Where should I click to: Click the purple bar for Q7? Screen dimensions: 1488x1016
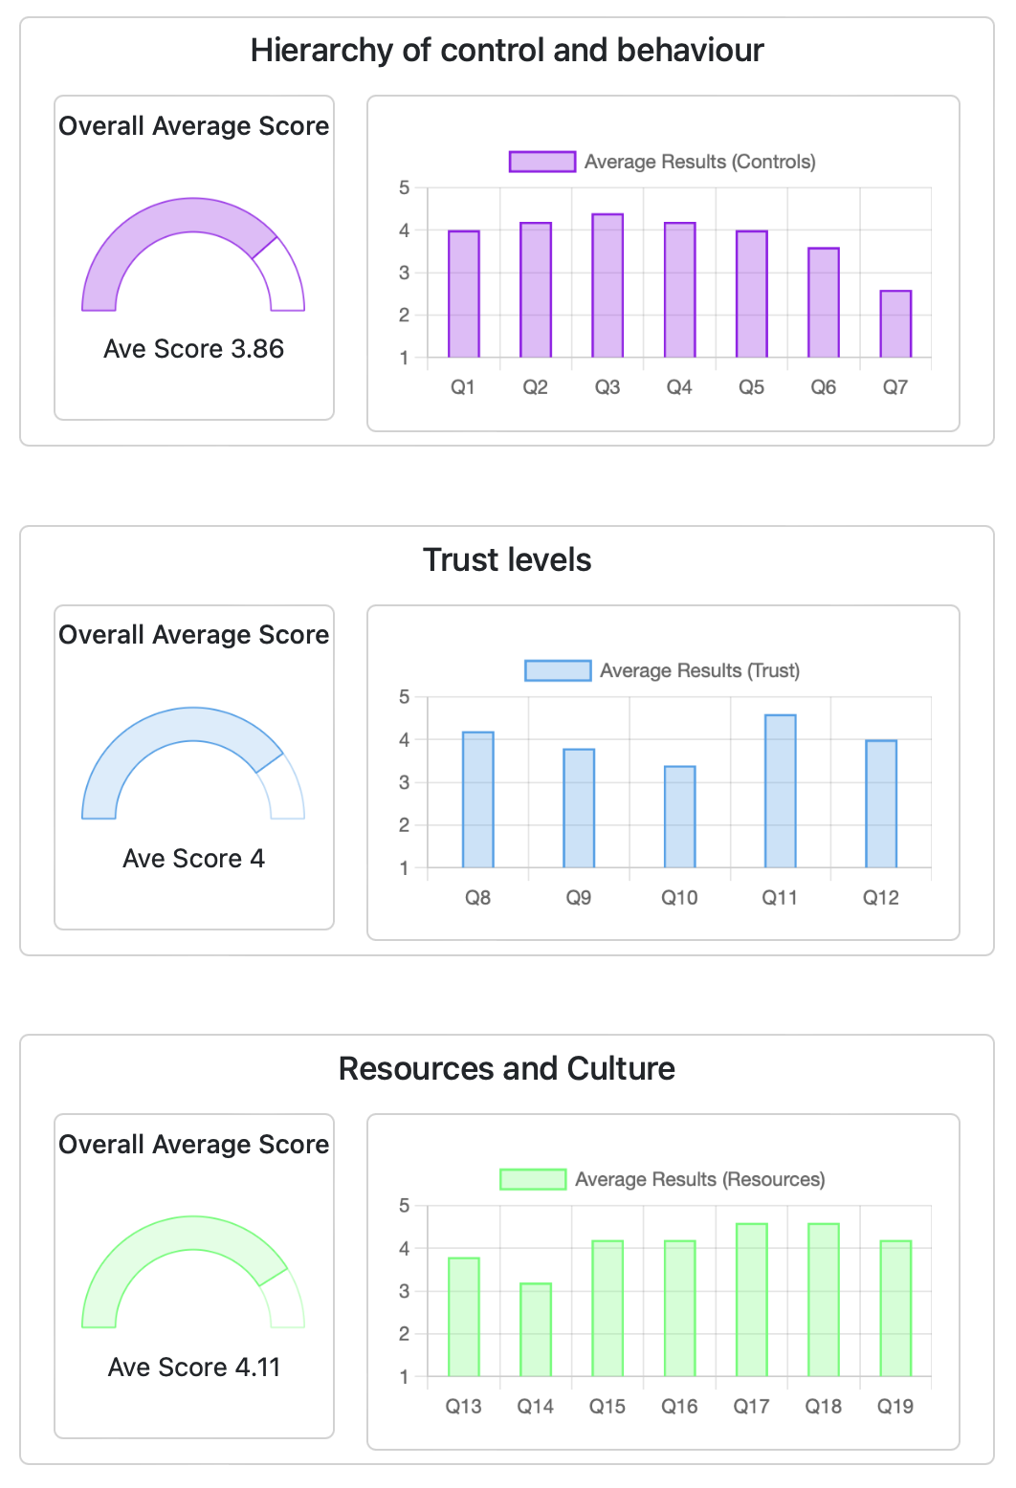895,324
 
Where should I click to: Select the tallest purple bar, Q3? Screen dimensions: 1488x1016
607,286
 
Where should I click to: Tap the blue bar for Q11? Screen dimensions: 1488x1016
780,792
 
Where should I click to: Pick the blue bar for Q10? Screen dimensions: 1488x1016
679,817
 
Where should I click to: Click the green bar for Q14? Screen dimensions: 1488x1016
536,1329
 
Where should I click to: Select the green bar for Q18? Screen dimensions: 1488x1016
823,1300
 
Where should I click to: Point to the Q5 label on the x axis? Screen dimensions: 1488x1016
751,387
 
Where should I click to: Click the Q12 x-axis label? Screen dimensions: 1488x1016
880,897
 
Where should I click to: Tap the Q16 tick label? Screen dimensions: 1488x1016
679,1406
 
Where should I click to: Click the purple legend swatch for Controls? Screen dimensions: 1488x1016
542,162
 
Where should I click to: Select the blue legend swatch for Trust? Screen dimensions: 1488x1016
558,670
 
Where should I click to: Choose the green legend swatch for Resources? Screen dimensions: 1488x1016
533,1179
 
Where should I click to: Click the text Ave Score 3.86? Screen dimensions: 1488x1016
193,349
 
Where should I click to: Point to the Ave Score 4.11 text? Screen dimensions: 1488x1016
193,1368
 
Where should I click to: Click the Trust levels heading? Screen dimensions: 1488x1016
507,559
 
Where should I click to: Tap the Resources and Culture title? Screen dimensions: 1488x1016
507,1068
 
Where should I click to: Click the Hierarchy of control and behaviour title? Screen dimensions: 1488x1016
507,50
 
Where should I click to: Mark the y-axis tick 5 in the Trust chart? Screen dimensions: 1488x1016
404,697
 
